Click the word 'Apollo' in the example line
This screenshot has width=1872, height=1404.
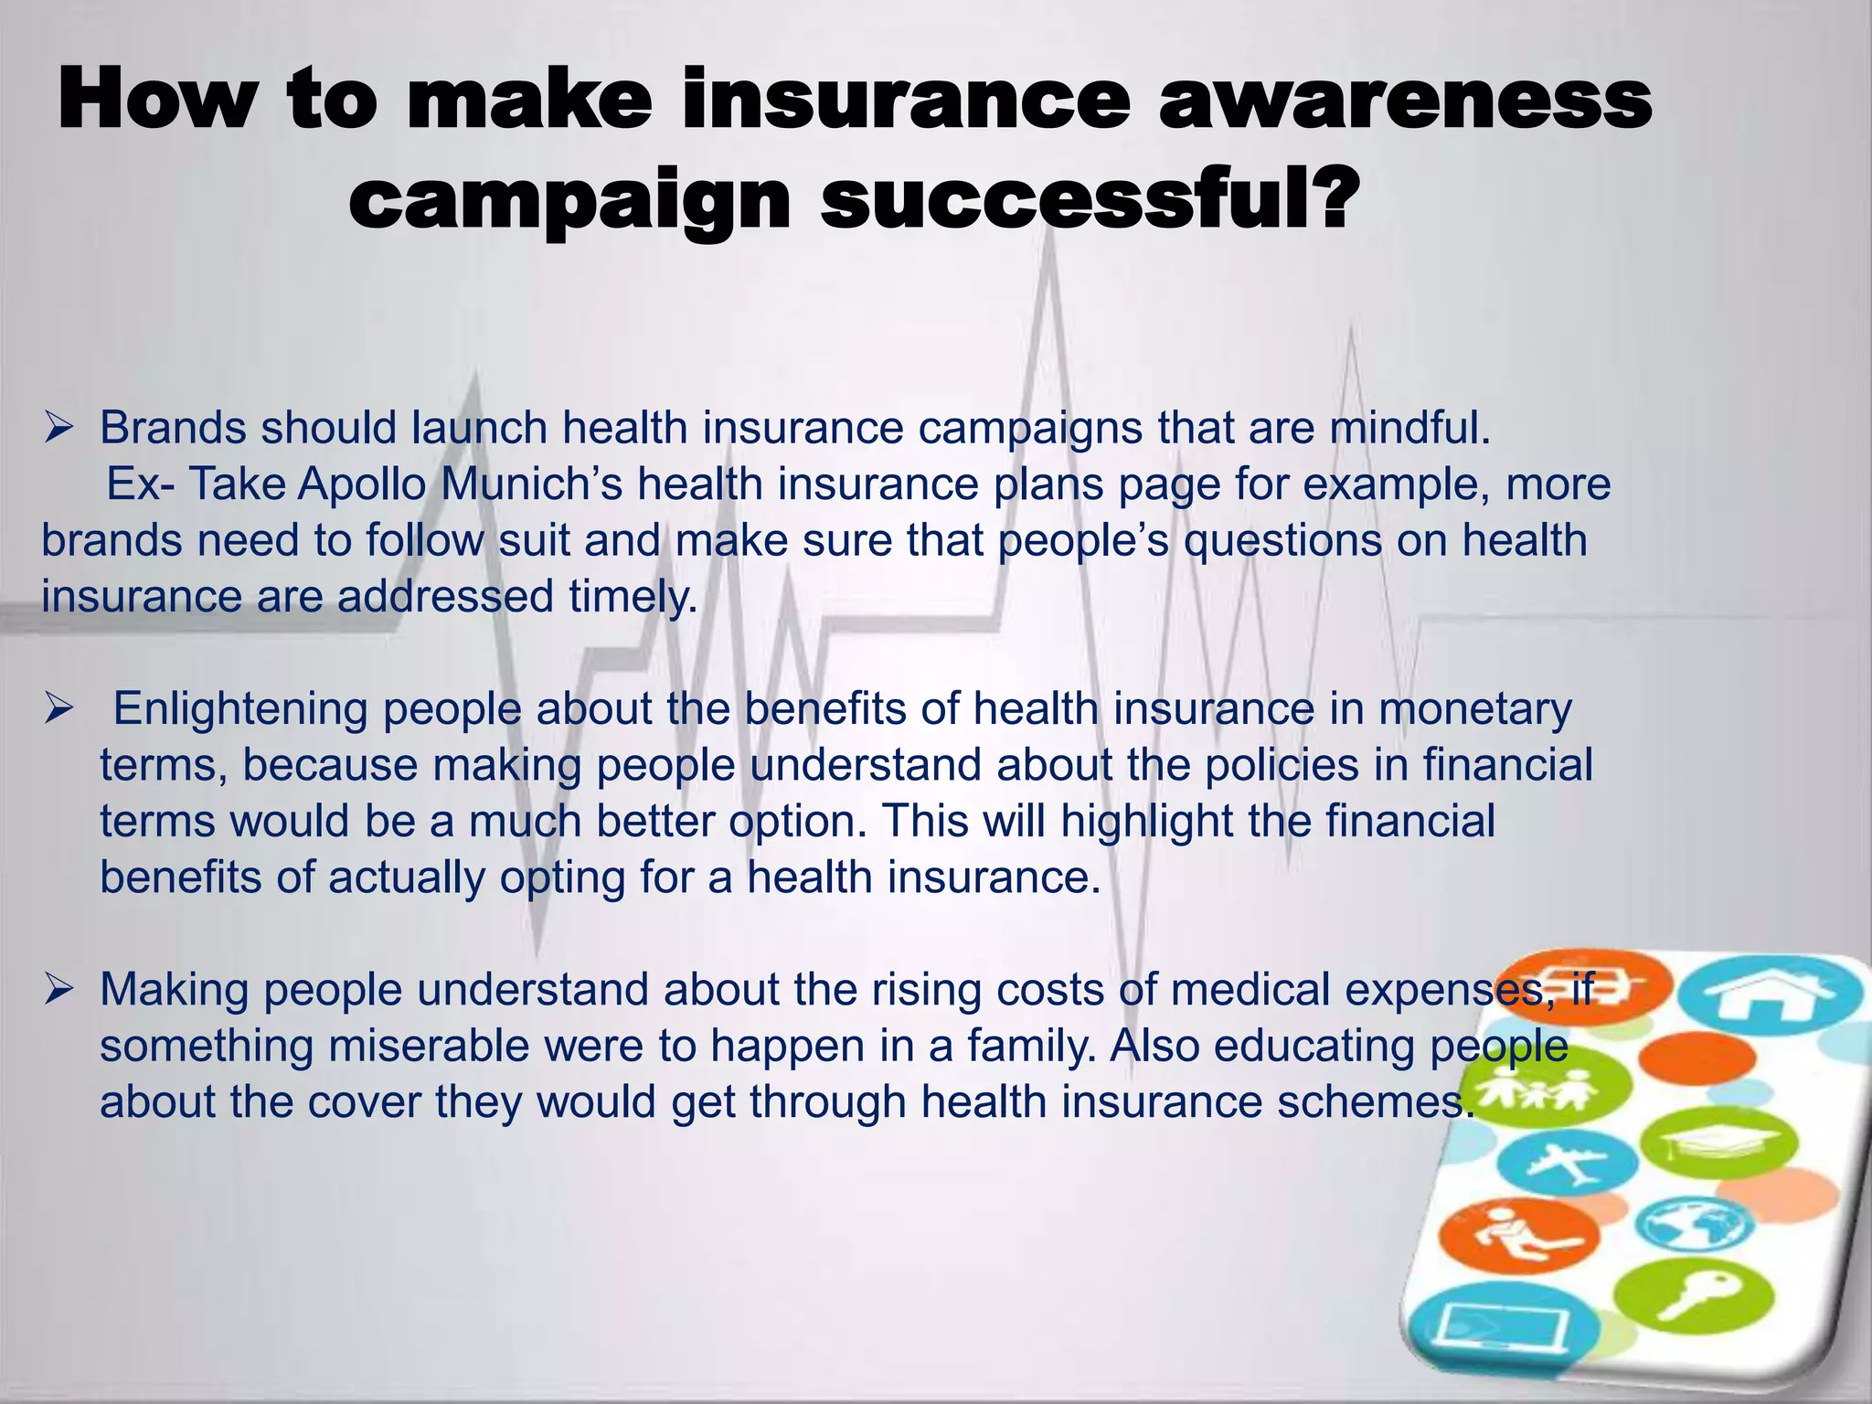pyautogui.click(x=362, y=484)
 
